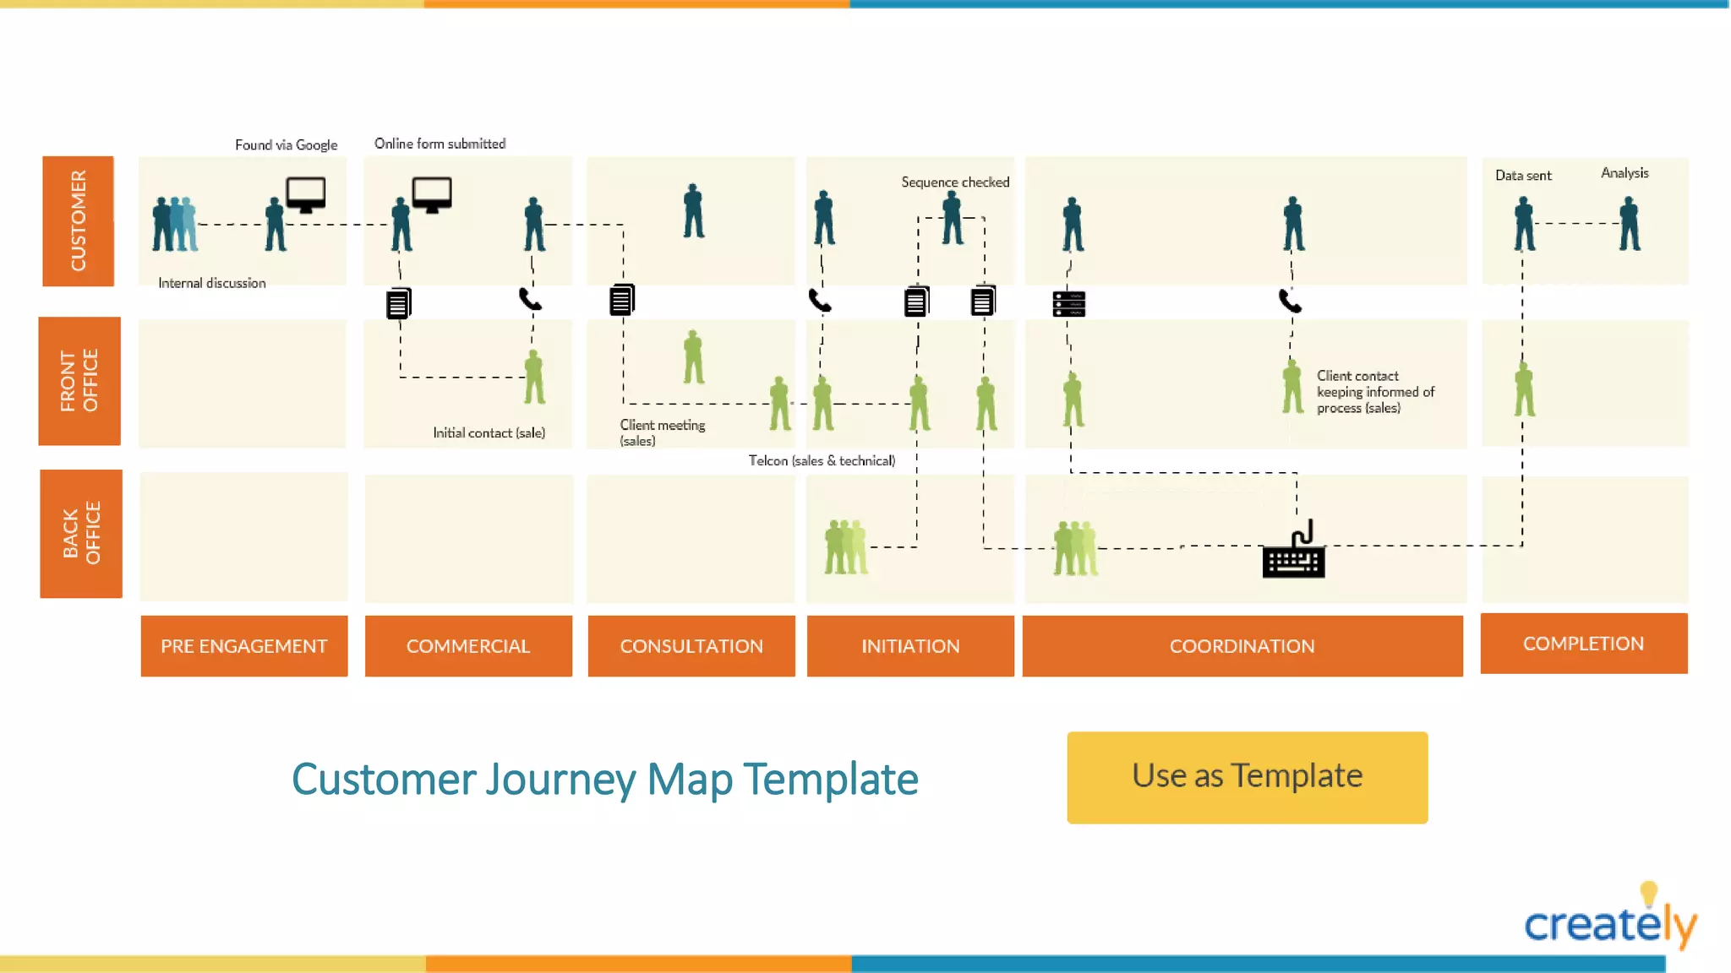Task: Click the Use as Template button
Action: pyautogui.click(x=1247, y=777)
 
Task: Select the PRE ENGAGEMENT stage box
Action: pyautogui.click(x=243, y=646)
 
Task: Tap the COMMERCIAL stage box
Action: pyautogui.click(x=468, y=646)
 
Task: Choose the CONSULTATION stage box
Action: pyautogui.click(x=691, y=646)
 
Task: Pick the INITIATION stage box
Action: pyautogui.click(x=910, y=646)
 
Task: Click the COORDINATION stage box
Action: pyautogui.click(x=1242, y=646)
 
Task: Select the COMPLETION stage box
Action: pyautogui.click(x=1583, y=644)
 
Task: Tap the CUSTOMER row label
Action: pyautogui.click(x=78, y=221)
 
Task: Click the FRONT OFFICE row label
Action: pyautogui.click(x=79, y=381)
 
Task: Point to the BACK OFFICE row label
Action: pyautogui.click(x=81, y=534)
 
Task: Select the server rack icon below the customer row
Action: pyautogui.click(x=1068, y=304)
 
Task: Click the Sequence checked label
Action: pyautogui.click(x=955, y=182)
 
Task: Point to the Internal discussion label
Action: pyautogui.click(x=211, y=284)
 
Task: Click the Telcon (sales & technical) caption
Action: pyautogui.click(x=822, y=461)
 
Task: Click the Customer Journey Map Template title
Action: pyautogui.click(x=604, y=779)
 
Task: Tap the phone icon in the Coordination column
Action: pyautogui.click(x=1290, y=301)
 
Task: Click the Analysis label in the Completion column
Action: pyautogui.click(x=1624, y=173)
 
